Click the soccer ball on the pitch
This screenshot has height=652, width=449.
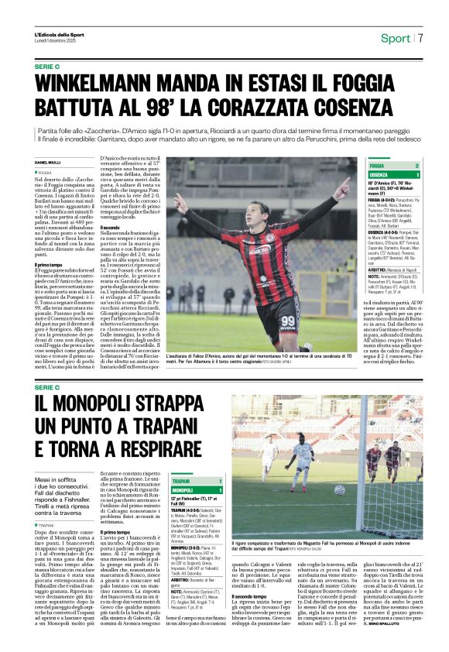click(x=339, y=489)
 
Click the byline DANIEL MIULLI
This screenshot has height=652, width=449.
click(x=49, y=162)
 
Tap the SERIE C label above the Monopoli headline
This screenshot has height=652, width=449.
click(x=46, y=386)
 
